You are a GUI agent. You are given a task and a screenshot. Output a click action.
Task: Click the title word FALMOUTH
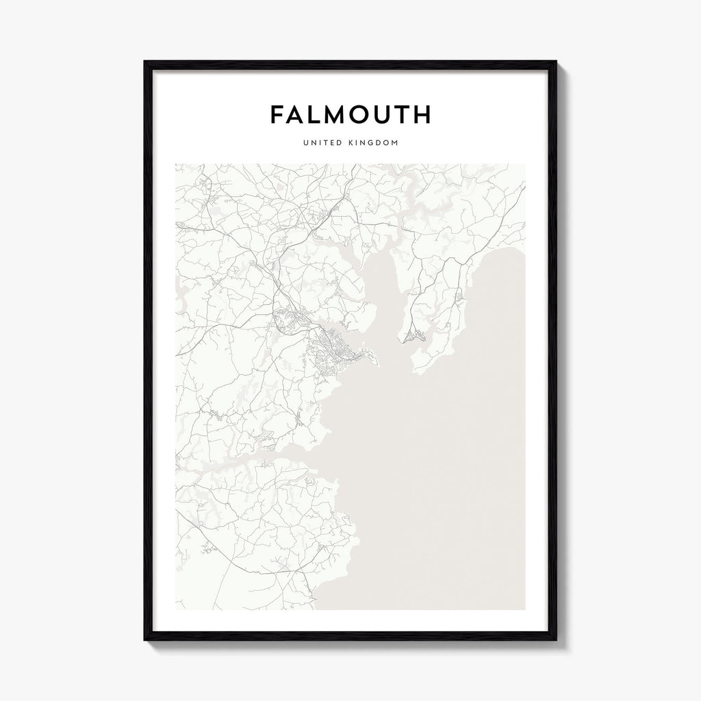pos(350,114)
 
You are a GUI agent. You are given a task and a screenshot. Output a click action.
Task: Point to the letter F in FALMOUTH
pos(278,114)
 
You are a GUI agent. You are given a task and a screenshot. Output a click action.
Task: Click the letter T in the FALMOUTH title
pos(401,114)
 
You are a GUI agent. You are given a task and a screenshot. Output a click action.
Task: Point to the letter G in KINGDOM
pos(375,144)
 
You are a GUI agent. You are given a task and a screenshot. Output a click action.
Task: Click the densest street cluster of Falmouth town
pos(340,349)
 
